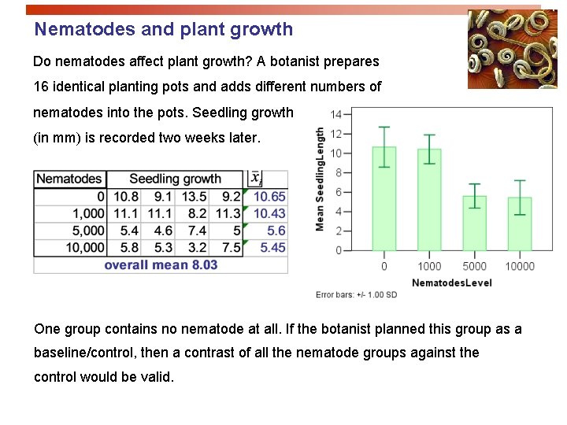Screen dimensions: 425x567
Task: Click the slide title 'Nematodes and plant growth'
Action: click(163, 30)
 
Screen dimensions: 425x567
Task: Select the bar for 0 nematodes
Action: click(384, 201)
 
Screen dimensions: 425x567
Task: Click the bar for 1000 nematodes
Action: click(429, 201)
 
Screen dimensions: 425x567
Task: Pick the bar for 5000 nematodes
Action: click(474, 224)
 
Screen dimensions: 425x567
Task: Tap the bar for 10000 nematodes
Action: click(519, 224)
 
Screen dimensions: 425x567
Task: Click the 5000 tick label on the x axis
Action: click(474, 265)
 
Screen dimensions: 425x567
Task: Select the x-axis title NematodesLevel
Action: click(451, 282)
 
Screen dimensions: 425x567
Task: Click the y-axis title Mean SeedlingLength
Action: click(320, 179)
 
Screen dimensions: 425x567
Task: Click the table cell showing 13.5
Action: click(194, 196)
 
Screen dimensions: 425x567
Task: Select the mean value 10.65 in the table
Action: click(269, 196)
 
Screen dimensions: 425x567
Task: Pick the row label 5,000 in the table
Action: click(87, 231)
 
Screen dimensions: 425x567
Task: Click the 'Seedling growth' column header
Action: click(175, 179)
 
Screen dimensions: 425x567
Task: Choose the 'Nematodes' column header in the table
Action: click(69, 179)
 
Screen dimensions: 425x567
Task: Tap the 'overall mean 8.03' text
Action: click(161, 265)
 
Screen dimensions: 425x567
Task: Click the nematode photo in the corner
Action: click(501, 49)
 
